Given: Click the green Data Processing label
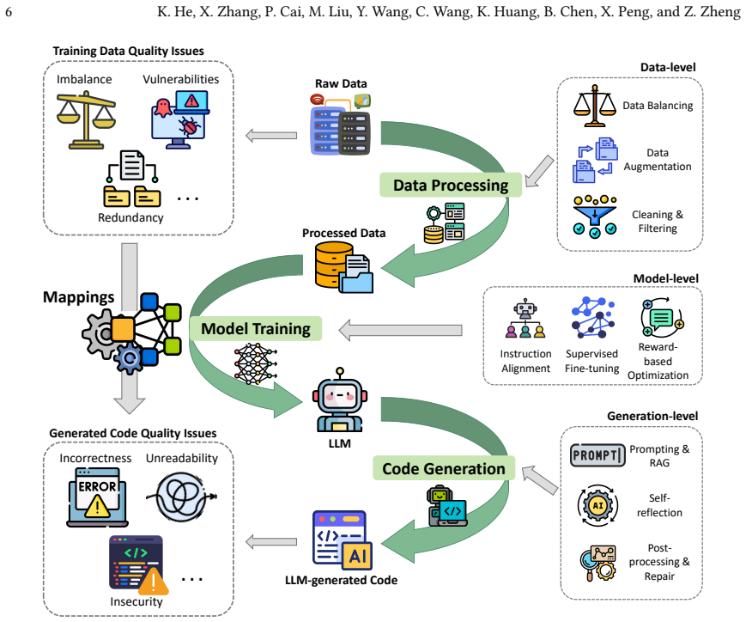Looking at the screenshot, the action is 451,185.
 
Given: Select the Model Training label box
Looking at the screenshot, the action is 256,329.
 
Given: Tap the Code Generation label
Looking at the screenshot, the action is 444,468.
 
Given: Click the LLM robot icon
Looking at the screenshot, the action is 340,400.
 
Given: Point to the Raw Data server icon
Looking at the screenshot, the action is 341,125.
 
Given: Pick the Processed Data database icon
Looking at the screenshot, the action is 344,266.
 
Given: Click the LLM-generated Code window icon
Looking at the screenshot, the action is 343,540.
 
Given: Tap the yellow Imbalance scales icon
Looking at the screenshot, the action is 86,121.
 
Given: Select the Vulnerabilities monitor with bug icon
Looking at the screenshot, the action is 180,119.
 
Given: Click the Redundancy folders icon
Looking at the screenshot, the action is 132,179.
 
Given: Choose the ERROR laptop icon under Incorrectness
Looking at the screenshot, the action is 98,497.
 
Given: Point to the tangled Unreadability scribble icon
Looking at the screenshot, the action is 181,497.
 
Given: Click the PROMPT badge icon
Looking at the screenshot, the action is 597,454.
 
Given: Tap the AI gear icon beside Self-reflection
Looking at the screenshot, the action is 597,505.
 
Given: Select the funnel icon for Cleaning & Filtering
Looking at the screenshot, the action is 595,216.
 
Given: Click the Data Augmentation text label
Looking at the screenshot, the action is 658,160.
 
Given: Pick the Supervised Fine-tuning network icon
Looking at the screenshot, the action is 593,317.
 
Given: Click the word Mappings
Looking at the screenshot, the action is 78,297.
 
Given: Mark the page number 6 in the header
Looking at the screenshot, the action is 9,11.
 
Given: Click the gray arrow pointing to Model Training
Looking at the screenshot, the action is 400,330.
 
